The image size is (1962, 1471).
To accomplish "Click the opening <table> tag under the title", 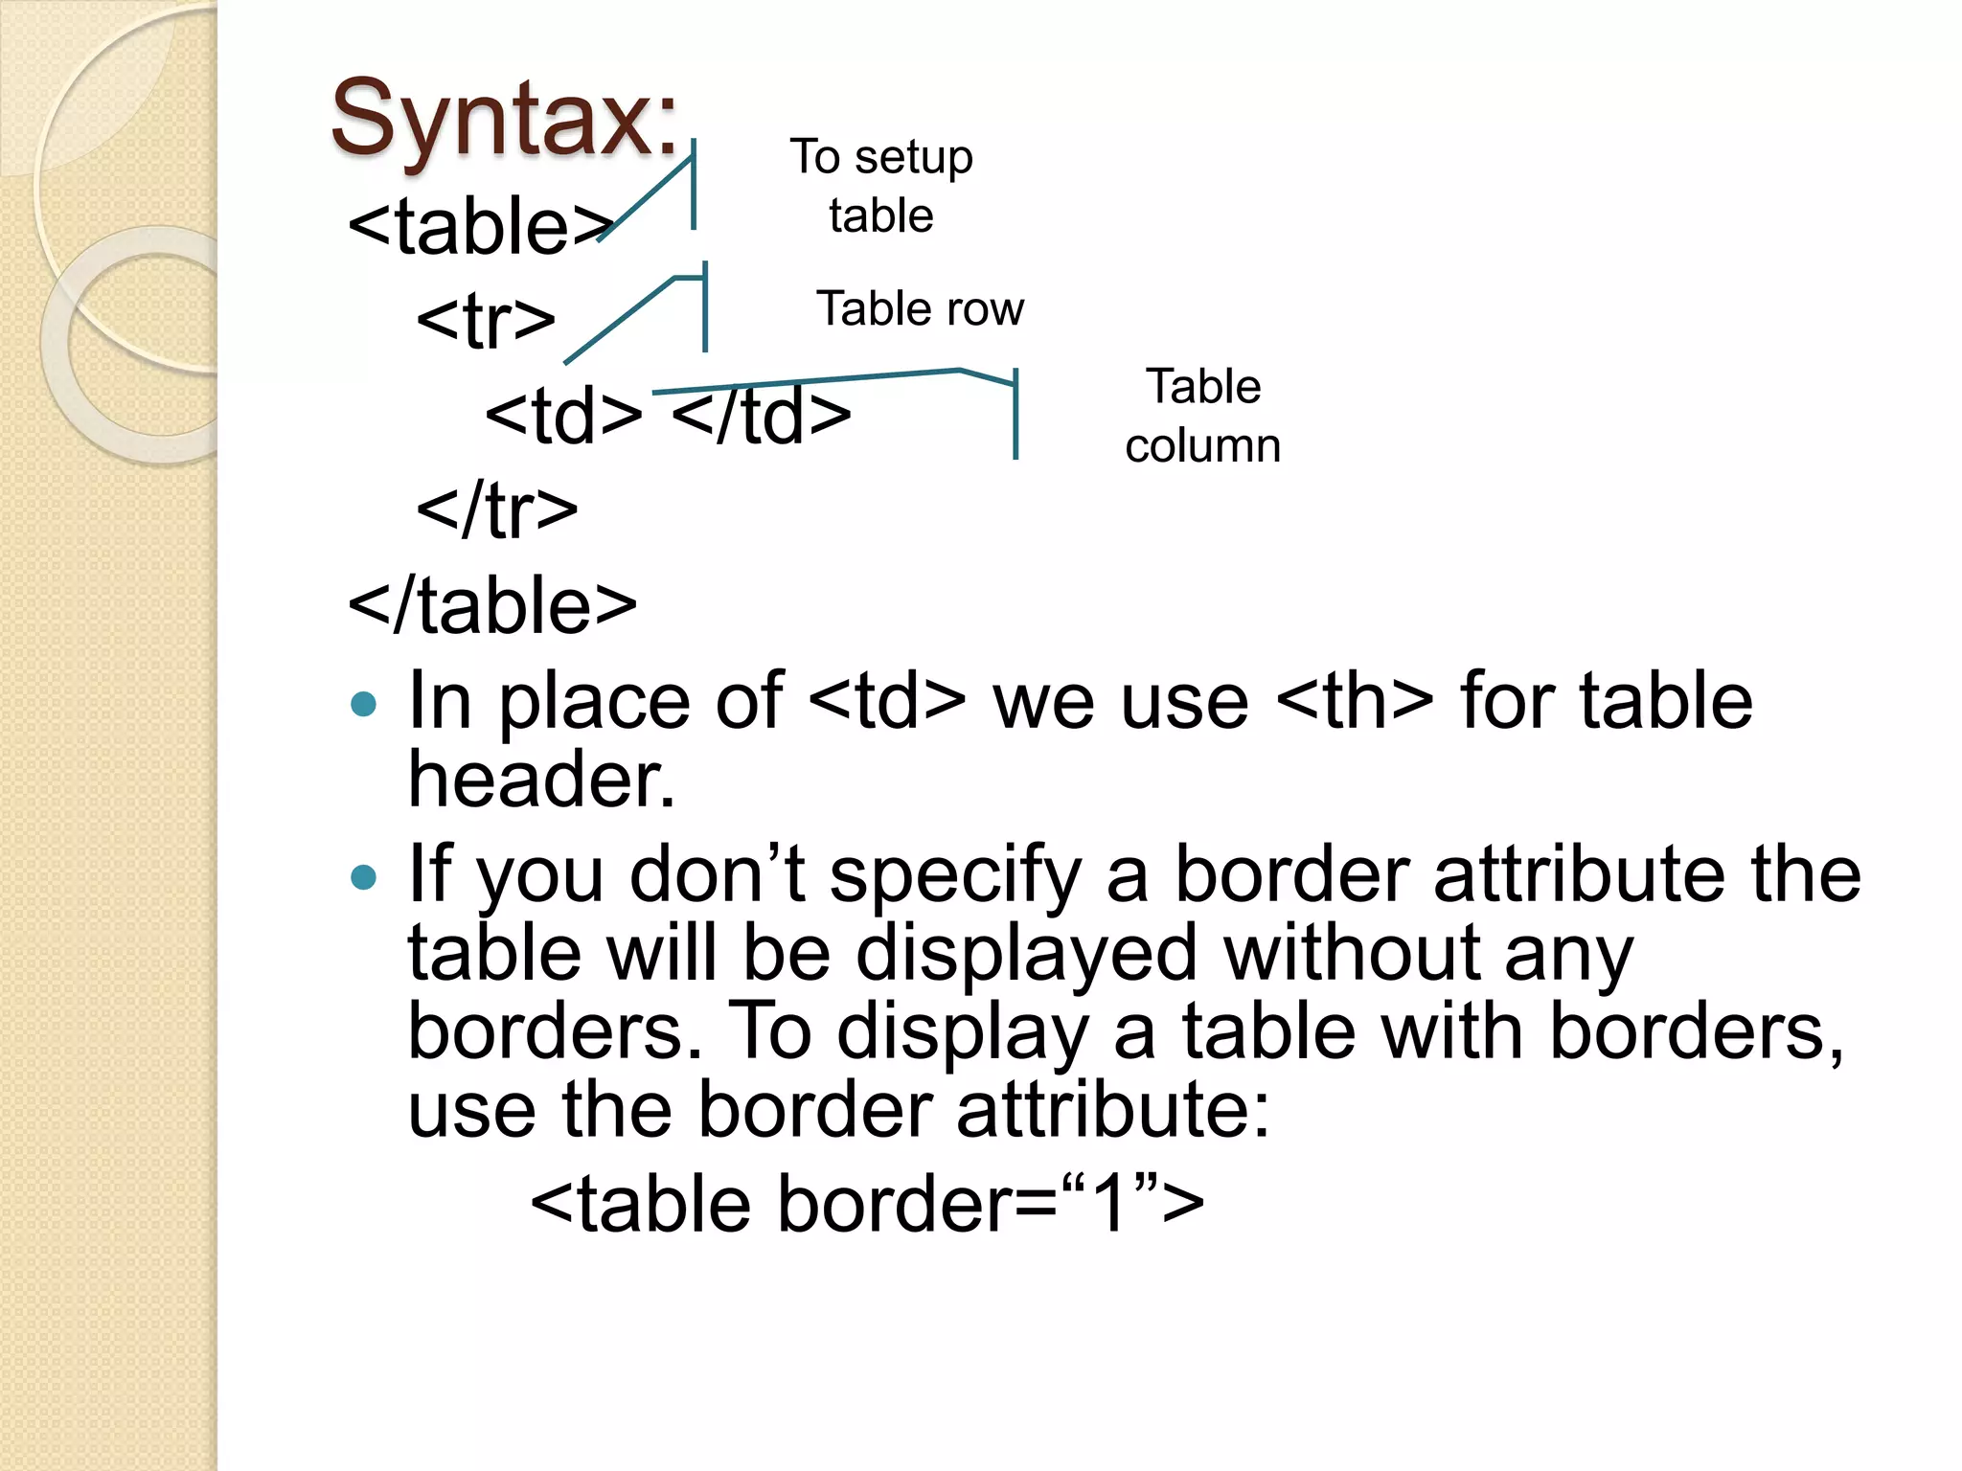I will [479, 227].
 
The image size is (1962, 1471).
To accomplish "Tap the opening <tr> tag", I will [486, 321].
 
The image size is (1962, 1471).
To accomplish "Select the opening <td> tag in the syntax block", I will [563, 416].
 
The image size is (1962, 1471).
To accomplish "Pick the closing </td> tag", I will [762, 416].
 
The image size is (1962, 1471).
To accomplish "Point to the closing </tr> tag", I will [497, 510].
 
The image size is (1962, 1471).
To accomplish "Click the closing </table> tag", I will [492, 606].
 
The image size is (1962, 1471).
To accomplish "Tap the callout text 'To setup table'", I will [881, 186].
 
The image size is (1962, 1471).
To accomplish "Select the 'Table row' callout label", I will [920, 309].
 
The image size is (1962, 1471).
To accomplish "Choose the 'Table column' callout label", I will [1203, 416].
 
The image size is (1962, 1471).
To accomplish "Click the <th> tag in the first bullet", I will [1355, 701].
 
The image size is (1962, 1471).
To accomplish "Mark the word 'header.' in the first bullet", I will [541, 780].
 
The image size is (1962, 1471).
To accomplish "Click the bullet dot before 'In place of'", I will [364, 706].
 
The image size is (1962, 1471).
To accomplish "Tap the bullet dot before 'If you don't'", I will [364, 877].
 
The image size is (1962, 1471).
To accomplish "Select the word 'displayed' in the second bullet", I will [1026, 954].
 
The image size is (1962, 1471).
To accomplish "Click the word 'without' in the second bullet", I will [1351, 954].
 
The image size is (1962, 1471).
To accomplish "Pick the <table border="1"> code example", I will [867, 1204].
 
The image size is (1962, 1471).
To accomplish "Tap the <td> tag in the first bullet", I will [887, 701].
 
